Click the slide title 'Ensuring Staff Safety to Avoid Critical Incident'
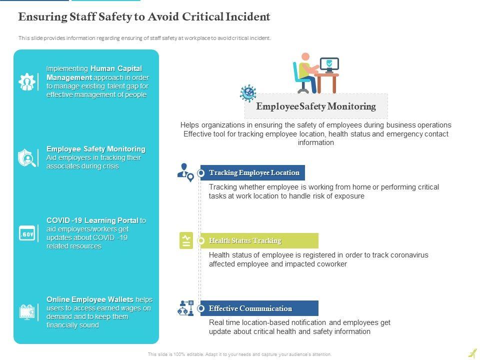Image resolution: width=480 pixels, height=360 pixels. [x=144, y=17]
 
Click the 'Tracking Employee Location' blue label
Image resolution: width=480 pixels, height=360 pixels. [x=254, y=173]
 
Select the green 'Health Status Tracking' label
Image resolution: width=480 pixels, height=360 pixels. [x=245, y=241]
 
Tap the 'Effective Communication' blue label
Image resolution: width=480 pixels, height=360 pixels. [x=250, y=308]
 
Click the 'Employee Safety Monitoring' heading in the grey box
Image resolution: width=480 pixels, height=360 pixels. [x=315, y=106]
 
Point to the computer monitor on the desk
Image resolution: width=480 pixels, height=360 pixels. [x=329, y=64]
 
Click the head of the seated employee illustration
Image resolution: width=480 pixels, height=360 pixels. [x=305, y=57]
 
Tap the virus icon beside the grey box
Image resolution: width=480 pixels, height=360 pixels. [x=248, y=93]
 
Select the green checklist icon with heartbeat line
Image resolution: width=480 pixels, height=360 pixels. [x=186, y=240]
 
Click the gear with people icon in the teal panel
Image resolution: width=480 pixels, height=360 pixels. [x=26, y=81]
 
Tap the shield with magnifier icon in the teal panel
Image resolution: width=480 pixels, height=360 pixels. [x=26, y=157]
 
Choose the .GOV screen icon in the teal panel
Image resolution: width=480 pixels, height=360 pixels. [x=26, y=233]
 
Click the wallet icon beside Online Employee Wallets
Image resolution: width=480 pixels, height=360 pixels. [x=26, y=312]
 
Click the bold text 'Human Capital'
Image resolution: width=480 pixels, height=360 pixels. [x=116, y=68]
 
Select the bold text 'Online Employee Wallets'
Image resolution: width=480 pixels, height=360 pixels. [x=90, y=299]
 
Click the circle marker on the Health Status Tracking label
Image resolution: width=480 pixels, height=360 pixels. [x=201, y=241]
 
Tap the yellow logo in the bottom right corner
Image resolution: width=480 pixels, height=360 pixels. [x=472, y=353]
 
